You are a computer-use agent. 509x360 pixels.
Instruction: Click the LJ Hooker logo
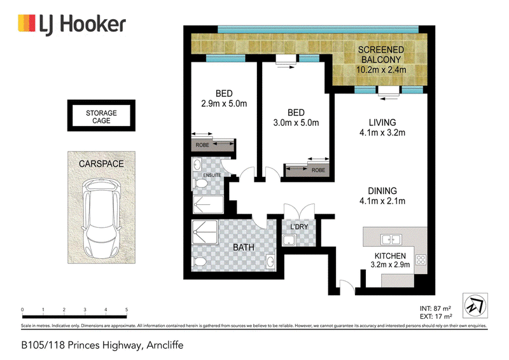pyautogui.click(x=72, y=24)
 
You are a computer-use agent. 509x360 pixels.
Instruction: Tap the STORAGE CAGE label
pyautogui.click(x=101, y=117)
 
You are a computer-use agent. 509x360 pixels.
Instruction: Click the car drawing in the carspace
pyautogui.click(x=101, y=218)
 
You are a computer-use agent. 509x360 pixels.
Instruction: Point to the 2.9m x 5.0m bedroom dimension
pyautogui.click(x=224, y=104)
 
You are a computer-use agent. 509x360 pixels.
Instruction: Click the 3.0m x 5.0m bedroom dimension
pyautogui.click(x=296, y=123)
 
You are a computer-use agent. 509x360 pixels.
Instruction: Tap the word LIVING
pyautogui.click(x=382, y=122)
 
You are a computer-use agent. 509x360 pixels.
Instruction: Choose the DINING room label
pyautogui.click(x=382, y=191)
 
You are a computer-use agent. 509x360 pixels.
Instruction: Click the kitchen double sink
pyautogui.click(x=391, y=240)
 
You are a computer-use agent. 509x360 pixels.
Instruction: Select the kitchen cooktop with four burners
pyautogui.click(x=421, y=260)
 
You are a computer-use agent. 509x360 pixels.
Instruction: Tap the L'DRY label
pyautogui.click(x=299, y=226)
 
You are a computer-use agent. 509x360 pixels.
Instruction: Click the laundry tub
pyautogui.click(x=289, y=240)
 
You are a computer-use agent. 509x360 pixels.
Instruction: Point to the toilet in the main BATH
pyautogui.click(x=199, y=261)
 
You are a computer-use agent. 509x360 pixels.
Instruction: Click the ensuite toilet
pyautogui.click(x=200, y=184)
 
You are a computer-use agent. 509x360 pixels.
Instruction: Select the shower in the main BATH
pyautogui.click(x=205, y=232)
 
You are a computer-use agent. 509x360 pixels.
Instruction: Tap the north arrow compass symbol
pyautogui.click(x=475, y=305)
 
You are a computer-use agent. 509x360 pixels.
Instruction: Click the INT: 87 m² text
pyautogui.click(x=435, y=308)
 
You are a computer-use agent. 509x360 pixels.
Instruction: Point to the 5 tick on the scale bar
pyautogui.click(x=127, y=310)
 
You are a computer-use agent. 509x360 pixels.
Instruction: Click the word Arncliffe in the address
pyautogui.click(x=165, y=345)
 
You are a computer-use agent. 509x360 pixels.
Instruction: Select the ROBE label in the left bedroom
pyautogui.click(x=202, y=145)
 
